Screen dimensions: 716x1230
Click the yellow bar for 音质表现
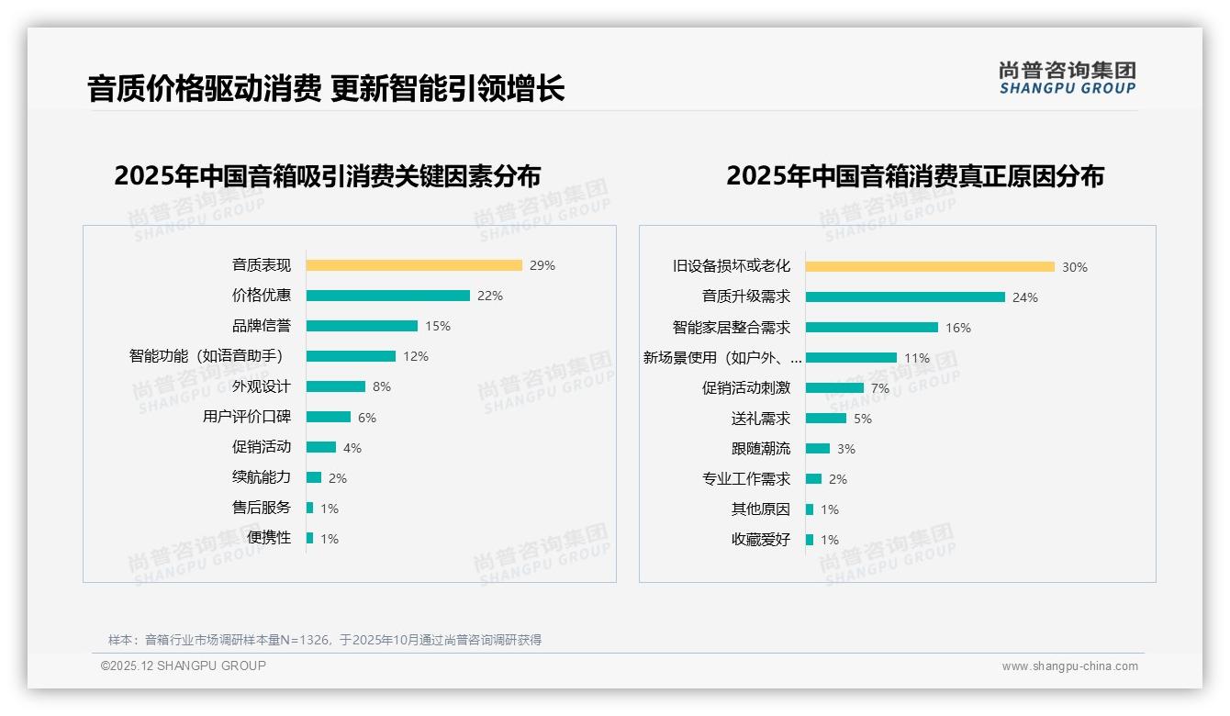click(x=414, y=265)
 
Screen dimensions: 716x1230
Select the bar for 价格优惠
click(x=387, y=296)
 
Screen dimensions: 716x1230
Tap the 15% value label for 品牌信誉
click(x=438, y=326)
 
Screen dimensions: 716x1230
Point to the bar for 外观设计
click(x=335, y=386)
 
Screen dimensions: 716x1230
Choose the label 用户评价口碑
click(x=247, y=417)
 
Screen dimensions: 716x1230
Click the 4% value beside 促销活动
click(x=352, y=448)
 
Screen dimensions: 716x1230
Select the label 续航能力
click(x=262, y=477)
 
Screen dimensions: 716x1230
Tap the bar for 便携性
click(x=309, y=538)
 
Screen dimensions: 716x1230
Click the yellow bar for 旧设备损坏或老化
click(x=930, y=267)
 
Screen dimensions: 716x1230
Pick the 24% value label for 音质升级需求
click(x=1025, y=297)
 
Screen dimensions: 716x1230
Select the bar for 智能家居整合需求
click(x=872, y=328)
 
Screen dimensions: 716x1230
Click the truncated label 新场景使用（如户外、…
click(x=722, y=358)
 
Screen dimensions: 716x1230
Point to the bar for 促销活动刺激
click(x=834, y=388)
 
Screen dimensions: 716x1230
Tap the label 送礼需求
click(x=761, y=419)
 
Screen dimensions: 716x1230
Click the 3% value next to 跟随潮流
click(x=846, y=449)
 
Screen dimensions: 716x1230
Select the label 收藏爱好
click(x=761, y=540)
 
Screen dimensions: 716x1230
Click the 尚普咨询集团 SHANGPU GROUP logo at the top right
click(x=1068, y=78)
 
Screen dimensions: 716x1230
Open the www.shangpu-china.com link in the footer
click(x=1069, y=666)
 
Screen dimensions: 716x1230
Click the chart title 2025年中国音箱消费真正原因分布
click(x=915, y=176)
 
